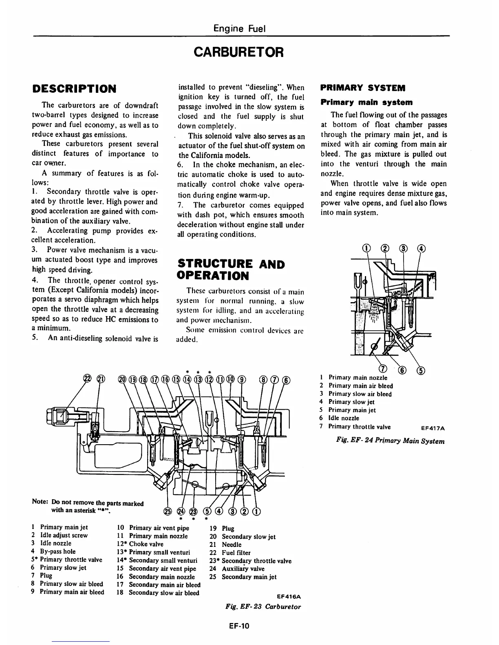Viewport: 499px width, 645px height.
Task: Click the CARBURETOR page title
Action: [x=238, y=52]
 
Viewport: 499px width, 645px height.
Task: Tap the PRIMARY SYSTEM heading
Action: [x=363, y=88]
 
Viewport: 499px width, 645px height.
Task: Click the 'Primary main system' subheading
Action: [x=367, y=102]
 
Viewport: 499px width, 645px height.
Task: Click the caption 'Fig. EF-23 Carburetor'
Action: [x=263, y=607]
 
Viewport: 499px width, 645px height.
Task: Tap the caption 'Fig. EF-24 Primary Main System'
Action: [x=390, y=441]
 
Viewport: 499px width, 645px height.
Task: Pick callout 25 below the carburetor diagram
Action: [x=167, y=512]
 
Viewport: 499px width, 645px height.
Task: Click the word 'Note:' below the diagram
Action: [x=40, y=501]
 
